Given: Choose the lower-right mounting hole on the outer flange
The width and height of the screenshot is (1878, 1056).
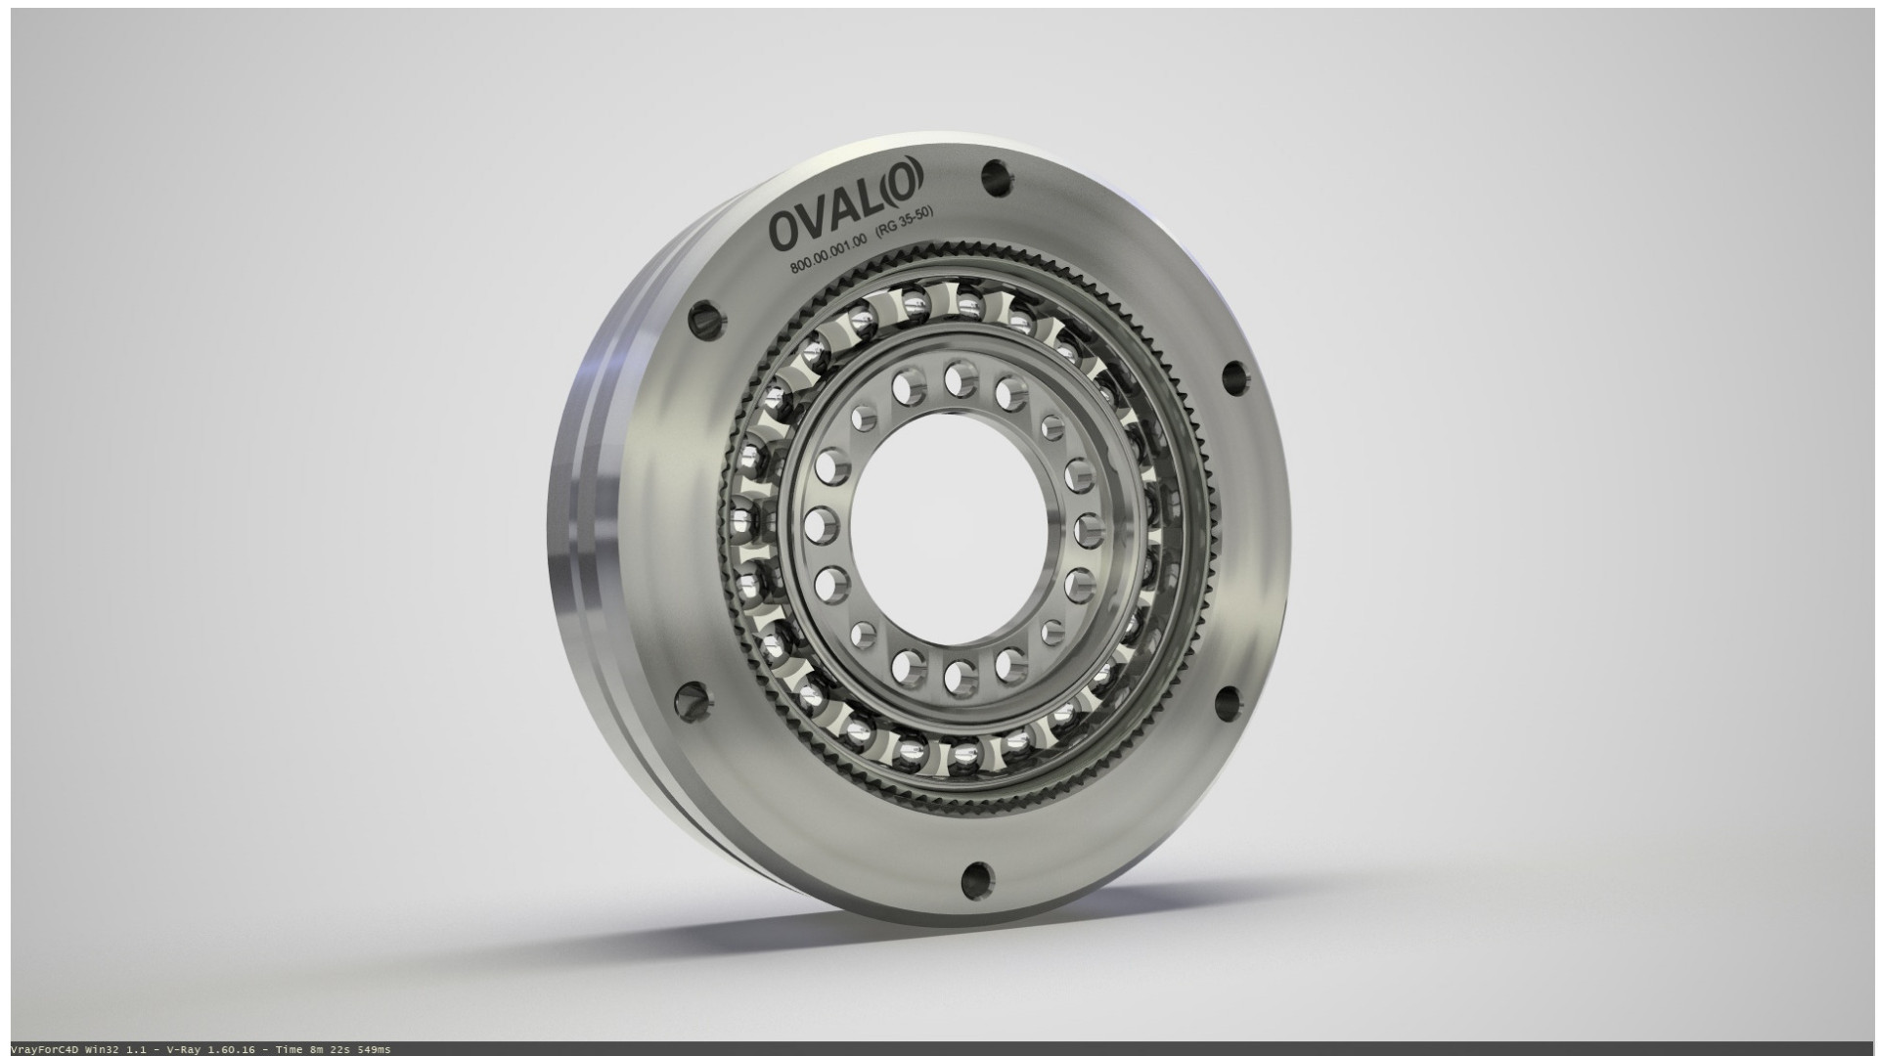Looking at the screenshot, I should (1229, 702).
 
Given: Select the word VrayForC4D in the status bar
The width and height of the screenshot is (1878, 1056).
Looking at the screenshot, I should (39, 1049).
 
